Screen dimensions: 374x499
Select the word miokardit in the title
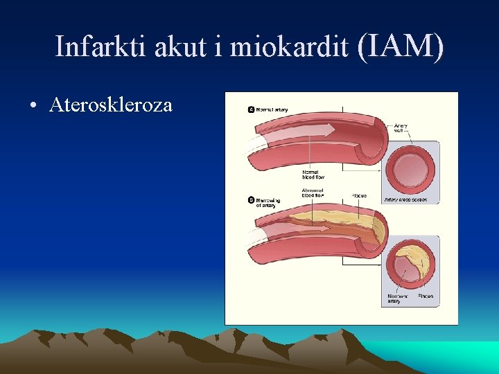pyautogui.click(x=290, y=46)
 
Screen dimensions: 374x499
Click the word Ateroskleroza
pyautogui.click(x=111, y=105)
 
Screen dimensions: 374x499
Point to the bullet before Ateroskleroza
pyautogui.click(x=33, y=106)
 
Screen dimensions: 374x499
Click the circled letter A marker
pyautogui.click(x=251, y=110)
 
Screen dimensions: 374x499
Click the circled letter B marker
pyautogui.click(x=251, y=200)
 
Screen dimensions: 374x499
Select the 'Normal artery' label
pyautogui.click(x=272, y=110)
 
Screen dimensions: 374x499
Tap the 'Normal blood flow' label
pyautogui.click(x=313, y=174)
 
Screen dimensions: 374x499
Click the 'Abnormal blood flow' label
pyautogui.click(x=313, y=192)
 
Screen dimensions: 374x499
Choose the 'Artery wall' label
pyautogui.click(x=401, y=128)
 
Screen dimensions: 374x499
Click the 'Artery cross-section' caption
pyautogui.click(x=405, y=199)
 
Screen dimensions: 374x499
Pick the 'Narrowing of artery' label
pyautogui.click(x=268, y=203)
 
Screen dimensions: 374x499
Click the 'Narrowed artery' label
pyautogui.click(x=397, y=299)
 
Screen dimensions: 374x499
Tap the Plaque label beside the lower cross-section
pyautogui.click(x=426, y=296)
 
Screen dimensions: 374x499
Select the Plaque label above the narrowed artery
pyautogui.click(x=360, y=196)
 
